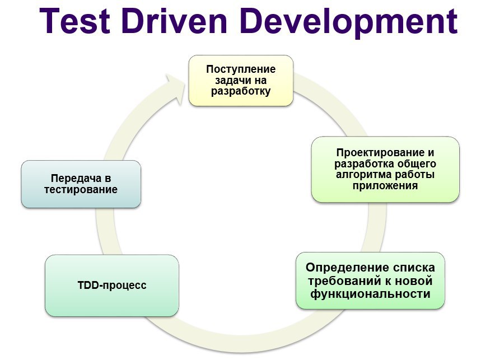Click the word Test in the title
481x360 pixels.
click(x=74, y=21)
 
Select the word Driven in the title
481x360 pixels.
click(x=174, y=21)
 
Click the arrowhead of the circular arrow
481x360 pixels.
click(x=175, y=89)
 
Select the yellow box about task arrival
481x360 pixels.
click(x=241, y=81)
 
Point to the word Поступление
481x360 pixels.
click(x=241, y=69)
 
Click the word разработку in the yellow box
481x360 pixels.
click(x=241, y=91)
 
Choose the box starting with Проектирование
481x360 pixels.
click(x=385, y=169)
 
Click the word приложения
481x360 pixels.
click(x=385, y=186)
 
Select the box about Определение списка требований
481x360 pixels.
click(x=370, y=280)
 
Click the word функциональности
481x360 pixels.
click(x=370, y=294)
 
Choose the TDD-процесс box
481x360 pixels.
click(x=112, y=286)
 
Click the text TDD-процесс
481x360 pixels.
click(x=112, y=286)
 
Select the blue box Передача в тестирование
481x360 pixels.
click(x=81, y=184)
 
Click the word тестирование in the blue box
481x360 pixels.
click(x=81, y=189)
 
